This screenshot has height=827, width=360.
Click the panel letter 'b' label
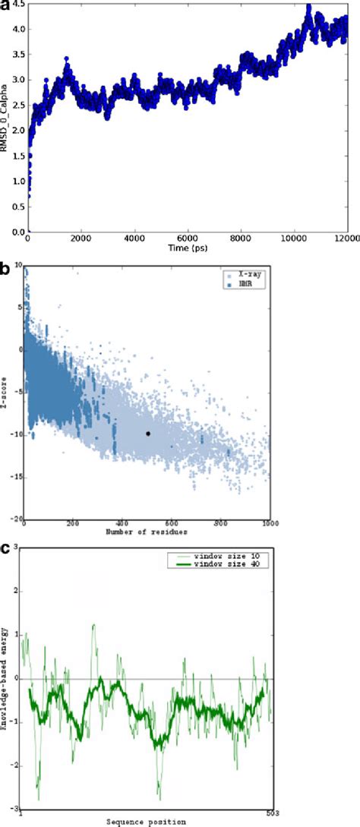[x=5, y=267]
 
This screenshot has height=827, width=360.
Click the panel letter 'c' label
[x=5, y=546]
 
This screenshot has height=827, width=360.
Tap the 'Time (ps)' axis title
[x=188, y=248]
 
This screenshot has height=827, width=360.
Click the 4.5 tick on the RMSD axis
[x=17, y=5]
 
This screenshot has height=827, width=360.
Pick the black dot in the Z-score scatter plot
[x=148, y=434]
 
